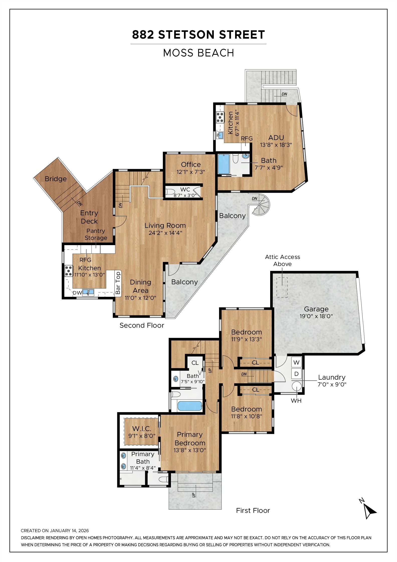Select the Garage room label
(316, 309)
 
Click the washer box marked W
(296, 363)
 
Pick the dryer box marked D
(296, 374)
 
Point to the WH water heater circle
(296, 386)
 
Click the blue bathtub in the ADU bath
(224, 164)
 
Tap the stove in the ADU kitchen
(220, 117)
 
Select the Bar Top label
(118, 283)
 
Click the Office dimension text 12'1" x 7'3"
(190, 172)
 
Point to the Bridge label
(56, 179)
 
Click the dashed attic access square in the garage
(282, 287)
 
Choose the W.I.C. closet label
(142, 429)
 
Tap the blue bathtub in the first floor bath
(190, 406)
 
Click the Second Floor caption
(142, 325)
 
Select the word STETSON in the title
(186, 35)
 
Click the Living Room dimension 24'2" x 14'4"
(165, 233)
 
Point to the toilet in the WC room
(170, 192)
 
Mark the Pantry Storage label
(96, 234)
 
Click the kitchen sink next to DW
(88, 292)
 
